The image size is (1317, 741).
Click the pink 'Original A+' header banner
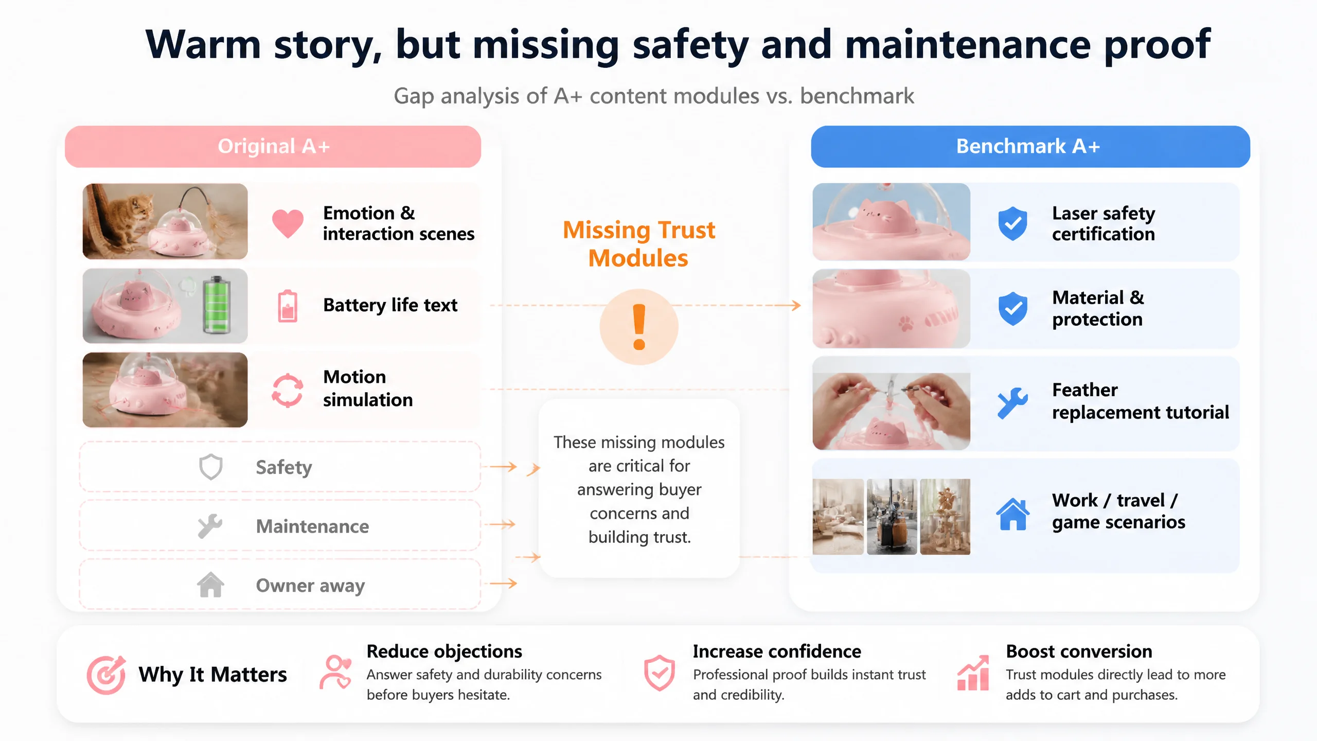(x=273, y=147)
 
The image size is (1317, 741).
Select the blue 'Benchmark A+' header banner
(x=1030, y=147)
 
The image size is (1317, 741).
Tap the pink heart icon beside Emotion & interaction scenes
(x=288, y=224)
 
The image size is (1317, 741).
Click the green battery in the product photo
(x=217, y=305)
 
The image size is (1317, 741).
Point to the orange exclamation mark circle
(x=639, y=327)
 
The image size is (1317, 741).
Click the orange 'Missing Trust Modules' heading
(x=639, y=244)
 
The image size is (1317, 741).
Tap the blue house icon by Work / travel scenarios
(x=1012, y=514)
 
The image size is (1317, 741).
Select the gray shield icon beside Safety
(x=211, y=467)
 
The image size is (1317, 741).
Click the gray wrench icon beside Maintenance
(x=210, y=526)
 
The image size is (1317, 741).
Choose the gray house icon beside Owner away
(x=210, y=585)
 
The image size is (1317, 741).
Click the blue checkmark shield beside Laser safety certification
(x=1012, y=224)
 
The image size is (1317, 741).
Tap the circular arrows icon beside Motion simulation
(x=287, y=390)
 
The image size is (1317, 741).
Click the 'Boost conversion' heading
(x=1079, y=651)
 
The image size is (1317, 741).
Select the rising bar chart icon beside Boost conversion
(x=973, y=673)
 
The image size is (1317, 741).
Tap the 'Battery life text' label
(x=390, y=305)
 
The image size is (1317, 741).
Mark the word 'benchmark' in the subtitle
(x=857, y=96)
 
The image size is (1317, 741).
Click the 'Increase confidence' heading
(x=777, y=651)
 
